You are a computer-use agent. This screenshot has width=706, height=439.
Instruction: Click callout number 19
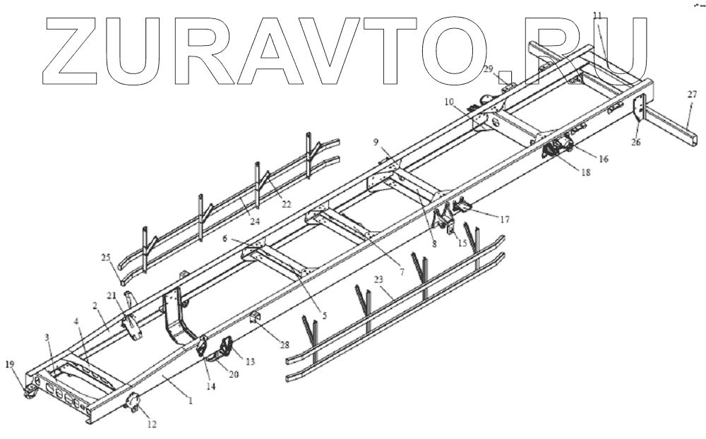pyautogui.click(x=9, y=364)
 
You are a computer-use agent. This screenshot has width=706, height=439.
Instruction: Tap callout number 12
pyautogui.click(x=151, y=424)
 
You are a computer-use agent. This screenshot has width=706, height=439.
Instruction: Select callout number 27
pyautogui.click(x=692, y=94)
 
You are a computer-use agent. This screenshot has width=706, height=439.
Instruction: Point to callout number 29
pyautogui.click(x=488, y=68)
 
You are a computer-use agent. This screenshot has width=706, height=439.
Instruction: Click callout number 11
pyautogui.click(x=597, y=15)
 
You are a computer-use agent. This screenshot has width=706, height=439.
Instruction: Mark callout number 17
pyautogui.click(x=505, y=220)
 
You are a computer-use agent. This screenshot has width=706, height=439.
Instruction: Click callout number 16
pyautogui.click(x=603, y=160)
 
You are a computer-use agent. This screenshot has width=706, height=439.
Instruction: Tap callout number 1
pyautogui.click(x=188, y=400)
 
